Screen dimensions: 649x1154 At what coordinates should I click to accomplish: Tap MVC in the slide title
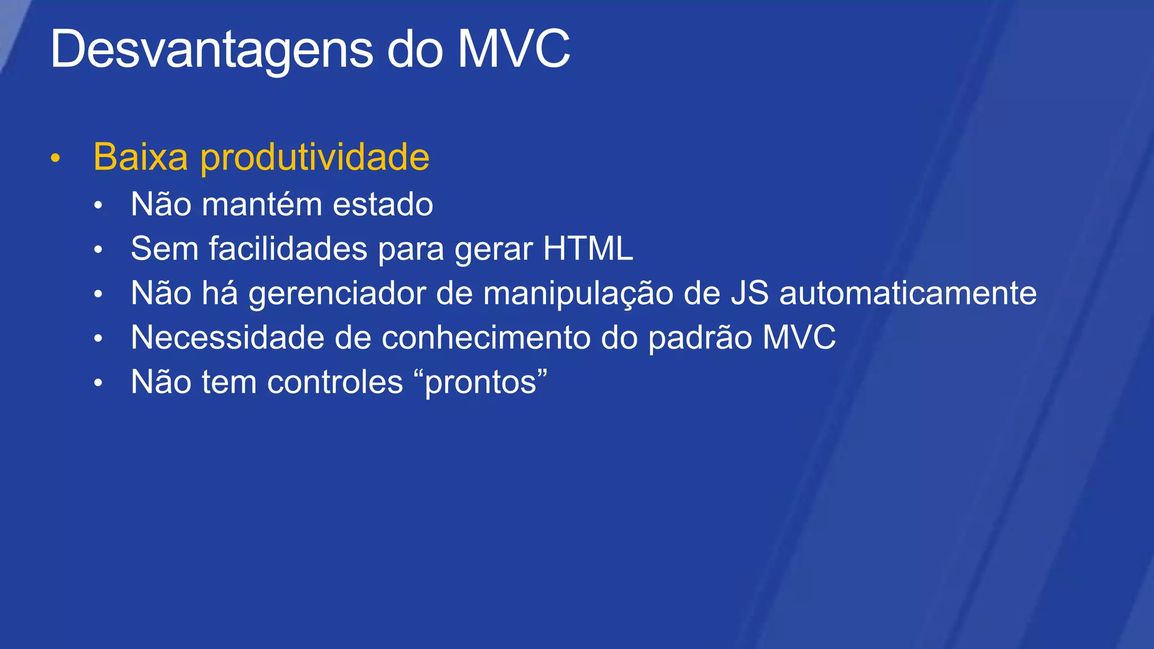(513, 50)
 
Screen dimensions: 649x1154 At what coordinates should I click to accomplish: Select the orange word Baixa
(140, 157)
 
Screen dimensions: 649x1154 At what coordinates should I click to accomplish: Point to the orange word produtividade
(315, 157)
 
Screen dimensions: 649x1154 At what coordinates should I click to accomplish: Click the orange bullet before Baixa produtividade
(55, 158)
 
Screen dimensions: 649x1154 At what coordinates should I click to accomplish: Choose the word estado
(383, 204)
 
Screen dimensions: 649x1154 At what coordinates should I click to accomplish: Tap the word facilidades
(288, 248)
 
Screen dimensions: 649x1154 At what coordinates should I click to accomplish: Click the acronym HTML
(588, 248)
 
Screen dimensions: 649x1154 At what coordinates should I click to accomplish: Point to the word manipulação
(578, 294)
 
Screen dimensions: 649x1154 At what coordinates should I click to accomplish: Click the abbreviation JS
(749, 294)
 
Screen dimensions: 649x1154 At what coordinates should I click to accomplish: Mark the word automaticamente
(908, 294)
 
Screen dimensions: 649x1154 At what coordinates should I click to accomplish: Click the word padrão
(700, 339)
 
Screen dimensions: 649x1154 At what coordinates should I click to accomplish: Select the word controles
(335, 382)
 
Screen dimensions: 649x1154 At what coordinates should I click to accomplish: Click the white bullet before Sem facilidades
(98, 250)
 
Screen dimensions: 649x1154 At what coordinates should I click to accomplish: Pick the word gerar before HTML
(494, 250)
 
